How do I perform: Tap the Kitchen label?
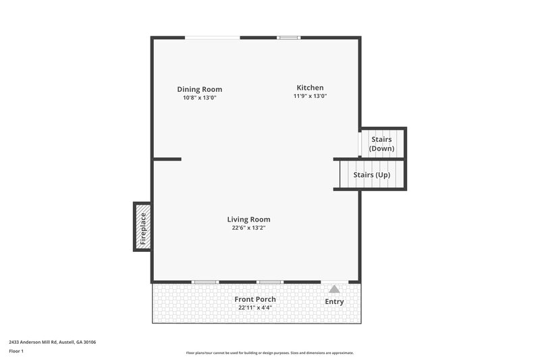pyautogui.click(x=310, y=88)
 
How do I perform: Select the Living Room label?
pyautogui.click(x=248, y=219)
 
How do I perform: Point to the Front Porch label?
pyautogui.click(x=254, y=299)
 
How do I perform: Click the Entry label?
pyautogui.click(x=334, y=301)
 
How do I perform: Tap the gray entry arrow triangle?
pyautogui.click(x=334, y=289)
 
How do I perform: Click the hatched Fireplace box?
pyautogui.click(x=142, y=227)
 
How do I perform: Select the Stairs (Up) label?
pyautogui.click(x=372, y=175)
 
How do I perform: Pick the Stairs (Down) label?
pyautogui.click(x=381, y=144)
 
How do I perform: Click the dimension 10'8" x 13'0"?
pyautogui.click(x=199, y=98)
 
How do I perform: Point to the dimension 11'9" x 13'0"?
pyautogui.click(x=310, y=96)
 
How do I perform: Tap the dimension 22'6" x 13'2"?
pyautogui.click(x=248, y=228)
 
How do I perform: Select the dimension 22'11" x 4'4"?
pyautogui.click(x=254, y=307)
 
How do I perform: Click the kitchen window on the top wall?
pyautogui.click(x=289, y=37)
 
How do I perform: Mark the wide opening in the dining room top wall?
pyautogui.click(x=213, y=37)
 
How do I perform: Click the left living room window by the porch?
pyautogui.click(x=205, y=282)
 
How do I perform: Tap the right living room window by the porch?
pyautogui.click(x=269, y=282)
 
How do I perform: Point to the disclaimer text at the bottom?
pyautogui.click(x=269, y=353)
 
